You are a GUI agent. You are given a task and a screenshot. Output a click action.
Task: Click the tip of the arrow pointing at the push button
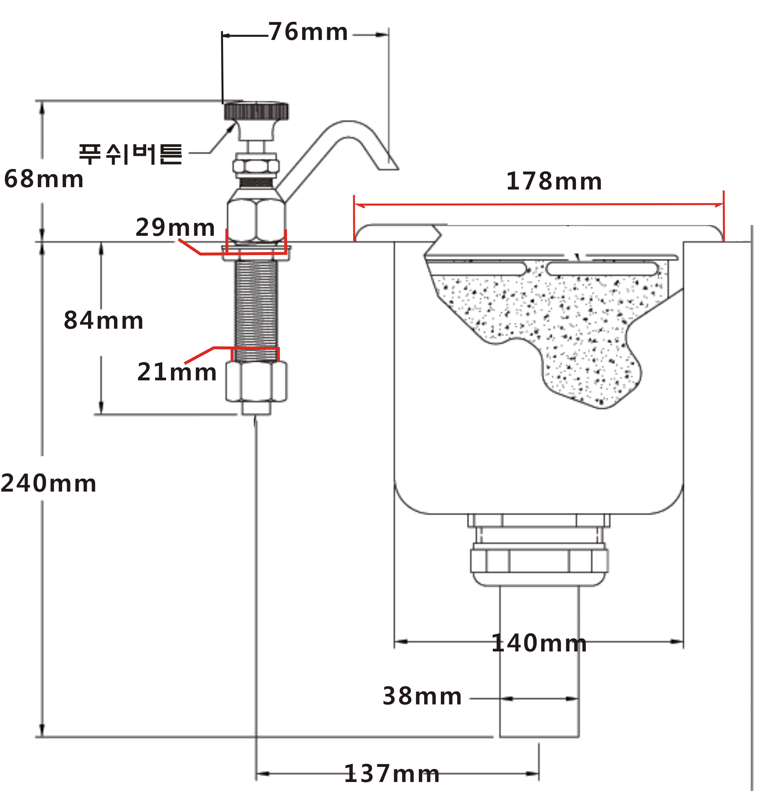point(235,123)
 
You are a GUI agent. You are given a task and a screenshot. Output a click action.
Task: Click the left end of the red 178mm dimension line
point(354,204)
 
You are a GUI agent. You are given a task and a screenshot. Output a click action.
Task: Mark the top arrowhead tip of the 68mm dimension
point(42,101)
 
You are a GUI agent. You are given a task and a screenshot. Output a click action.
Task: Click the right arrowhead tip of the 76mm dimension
point(388,35)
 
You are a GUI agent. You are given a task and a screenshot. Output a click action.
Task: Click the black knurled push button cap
point(256,111)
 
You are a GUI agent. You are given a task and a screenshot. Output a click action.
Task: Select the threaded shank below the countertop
point(256,310)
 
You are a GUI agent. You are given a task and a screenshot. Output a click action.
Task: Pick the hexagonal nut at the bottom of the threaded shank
point(256,381)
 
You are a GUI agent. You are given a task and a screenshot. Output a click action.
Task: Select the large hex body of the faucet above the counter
point(256,221)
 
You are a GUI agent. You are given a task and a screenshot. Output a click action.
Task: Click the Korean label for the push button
point(130,154)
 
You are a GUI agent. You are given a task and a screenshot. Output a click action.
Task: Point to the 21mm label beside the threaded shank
point(177,372)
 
